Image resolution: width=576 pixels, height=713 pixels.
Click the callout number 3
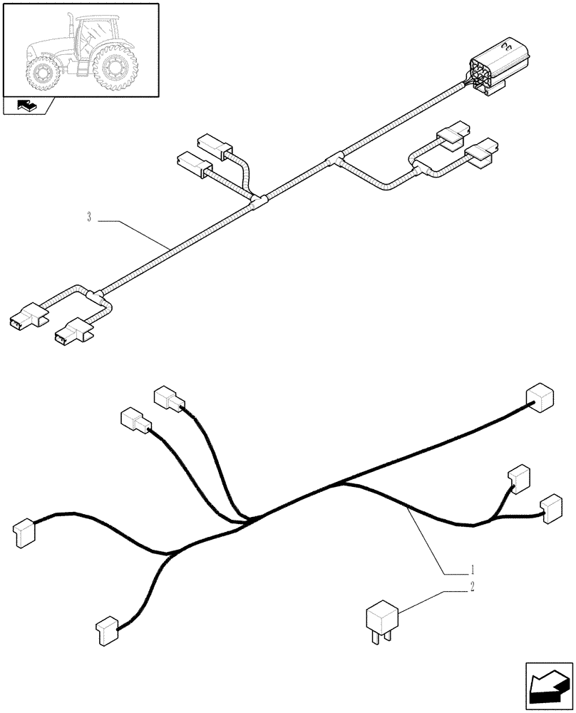point(89,217)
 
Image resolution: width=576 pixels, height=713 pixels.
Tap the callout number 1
point(473,570)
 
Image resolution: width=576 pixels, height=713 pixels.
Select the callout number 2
point(473,588)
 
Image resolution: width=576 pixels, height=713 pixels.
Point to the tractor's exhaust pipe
point(70,25)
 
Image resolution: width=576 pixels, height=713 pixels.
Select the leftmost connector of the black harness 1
point(23,533)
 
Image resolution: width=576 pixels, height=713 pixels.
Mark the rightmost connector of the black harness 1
point(550,508)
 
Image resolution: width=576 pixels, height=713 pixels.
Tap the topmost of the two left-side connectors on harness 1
point(168,399)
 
